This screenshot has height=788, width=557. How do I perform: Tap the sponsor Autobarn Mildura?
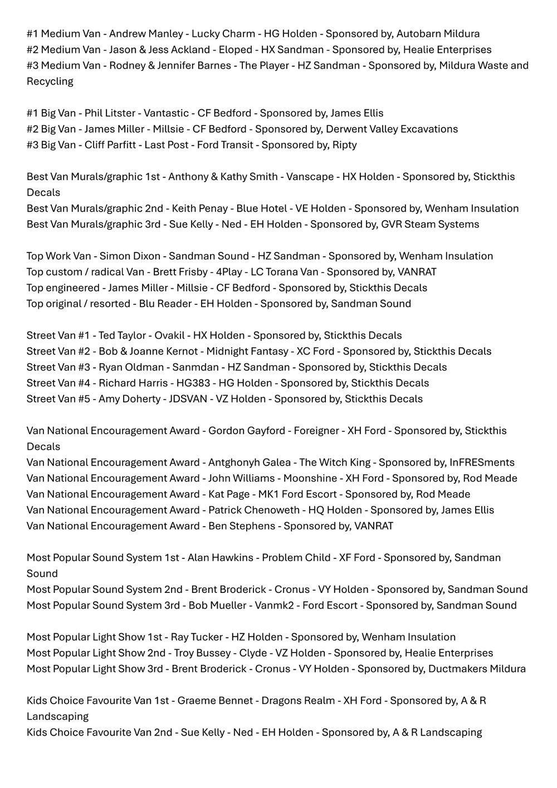click(438, 34)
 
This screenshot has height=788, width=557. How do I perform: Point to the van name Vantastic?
click(167, 113)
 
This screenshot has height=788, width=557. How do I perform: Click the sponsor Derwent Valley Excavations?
click(392, 129)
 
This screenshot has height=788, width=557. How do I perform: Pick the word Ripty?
click(345, 145)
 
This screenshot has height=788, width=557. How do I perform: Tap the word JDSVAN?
click(185, 399)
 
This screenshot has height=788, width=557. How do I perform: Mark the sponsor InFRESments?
click(482, 463)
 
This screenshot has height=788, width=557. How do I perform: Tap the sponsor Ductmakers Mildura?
click(477, 669)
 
